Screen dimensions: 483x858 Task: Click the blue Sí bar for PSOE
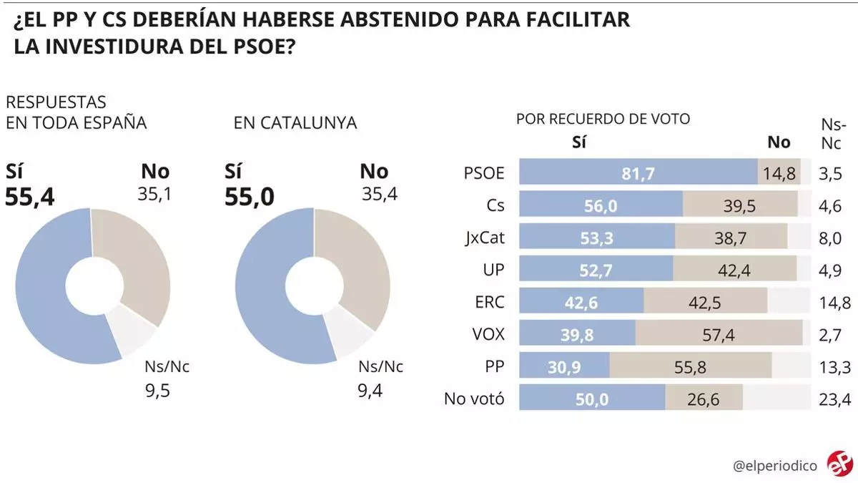(638, 172)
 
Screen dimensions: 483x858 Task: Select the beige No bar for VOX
(719, 333)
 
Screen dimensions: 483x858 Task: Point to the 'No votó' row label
(474, 399)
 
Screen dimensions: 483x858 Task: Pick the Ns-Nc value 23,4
(835, 399)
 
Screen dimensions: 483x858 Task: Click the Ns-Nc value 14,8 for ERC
(835, 303)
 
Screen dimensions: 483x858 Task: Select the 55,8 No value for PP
(691, 366)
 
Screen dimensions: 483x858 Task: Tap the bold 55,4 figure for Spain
(30, 195)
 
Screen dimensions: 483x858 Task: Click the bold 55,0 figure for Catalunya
(250, 195)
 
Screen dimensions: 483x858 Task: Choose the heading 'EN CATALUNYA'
(295, 123)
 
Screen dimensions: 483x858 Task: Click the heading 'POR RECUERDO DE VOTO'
(603, 119)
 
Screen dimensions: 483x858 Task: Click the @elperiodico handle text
(775, 465)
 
